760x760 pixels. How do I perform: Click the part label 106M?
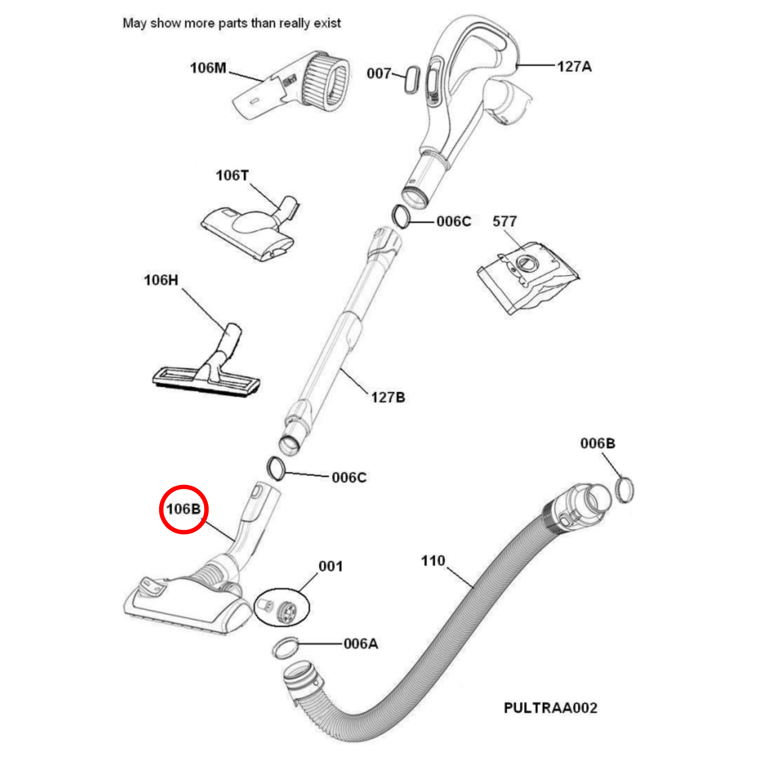pos(208,68)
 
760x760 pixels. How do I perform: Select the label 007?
pos(378,73)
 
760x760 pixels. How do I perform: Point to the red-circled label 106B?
pos(183,509)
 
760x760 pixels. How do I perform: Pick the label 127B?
pos(388,397)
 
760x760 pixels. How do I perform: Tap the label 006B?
pos(597,443)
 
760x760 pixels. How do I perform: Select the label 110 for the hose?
pos(433,561)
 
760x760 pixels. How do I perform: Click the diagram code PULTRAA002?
pos(550,708)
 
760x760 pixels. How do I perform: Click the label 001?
pos(330,567)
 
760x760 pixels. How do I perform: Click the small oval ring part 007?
pos(412,80)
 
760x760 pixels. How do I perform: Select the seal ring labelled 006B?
pos(624,490)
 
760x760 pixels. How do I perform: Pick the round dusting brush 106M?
pos(299,85)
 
